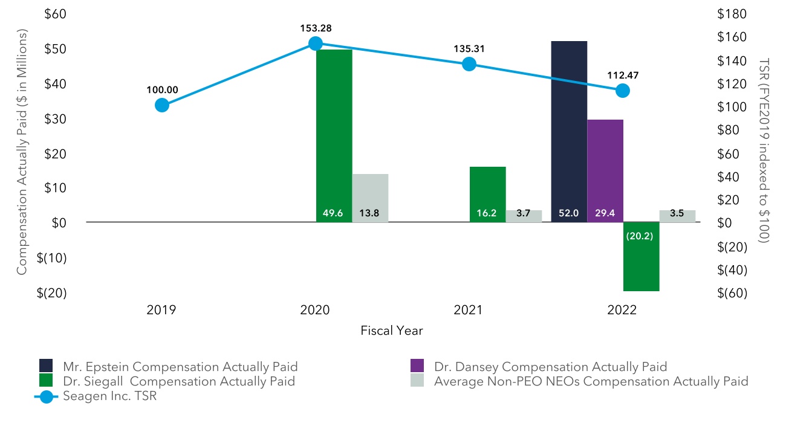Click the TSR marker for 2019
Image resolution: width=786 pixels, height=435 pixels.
pos(161,105)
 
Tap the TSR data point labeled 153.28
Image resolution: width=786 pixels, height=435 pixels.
pos(315,43)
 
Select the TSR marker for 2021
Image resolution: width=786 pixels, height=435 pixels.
pos(469,65)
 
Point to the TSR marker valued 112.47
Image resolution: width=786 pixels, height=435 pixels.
pos(622,91)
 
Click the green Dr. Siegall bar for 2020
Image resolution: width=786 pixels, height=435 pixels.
pos(334,133)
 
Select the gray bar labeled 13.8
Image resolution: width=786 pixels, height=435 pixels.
pos(370,198)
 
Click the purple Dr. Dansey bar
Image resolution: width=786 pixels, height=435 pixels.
pos(605,169)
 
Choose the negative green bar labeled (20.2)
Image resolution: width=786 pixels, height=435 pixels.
pos(641,256)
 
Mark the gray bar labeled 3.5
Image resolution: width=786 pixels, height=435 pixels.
pos(677,216)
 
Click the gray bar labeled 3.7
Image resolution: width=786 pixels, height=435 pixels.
pos(524,216)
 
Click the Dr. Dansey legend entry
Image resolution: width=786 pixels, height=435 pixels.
pos(538,367)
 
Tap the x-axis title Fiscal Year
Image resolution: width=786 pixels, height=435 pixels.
pos(391,331)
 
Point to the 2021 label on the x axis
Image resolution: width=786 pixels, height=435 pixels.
pos(468,311)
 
